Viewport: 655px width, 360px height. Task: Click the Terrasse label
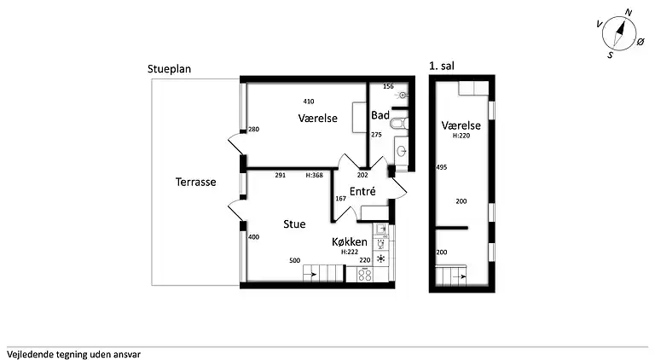(195, 182)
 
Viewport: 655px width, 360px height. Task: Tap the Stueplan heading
(169, 69)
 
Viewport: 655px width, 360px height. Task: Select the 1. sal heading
(442, 66)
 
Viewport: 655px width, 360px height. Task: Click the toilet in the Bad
(399, 124)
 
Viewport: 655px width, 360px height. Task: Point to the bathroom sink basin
(402, 151)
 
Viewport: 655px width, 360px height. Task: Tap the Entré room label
(362, 191)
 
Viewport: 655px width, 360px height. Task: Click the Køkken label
(350, 241)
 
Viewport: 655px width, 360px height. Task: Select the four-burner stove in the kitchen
(365, 275)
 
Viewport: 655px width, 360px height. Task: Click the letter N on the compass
(628, 13)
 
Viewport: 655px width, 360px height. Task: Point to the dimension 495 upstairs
(442, 167)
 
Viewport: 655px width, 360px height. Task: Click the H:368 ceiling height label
(314, 176)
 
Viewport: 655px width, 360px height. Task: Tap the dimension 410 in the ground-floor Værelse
(309, 102)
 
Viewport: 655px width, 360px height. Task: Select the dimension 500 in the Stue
(294, 260)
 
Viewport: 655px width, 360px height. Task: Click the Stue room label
(294, 224)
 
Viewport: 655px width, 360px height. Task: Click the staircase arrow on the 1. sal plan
(461, 276)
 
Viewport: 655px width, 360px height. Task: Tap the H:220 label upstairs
(461, 136)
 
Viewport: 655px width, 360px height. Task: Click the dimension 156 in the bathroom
(388, 86)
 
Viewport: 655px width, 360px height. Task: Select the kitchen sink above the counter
(380, 229)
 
